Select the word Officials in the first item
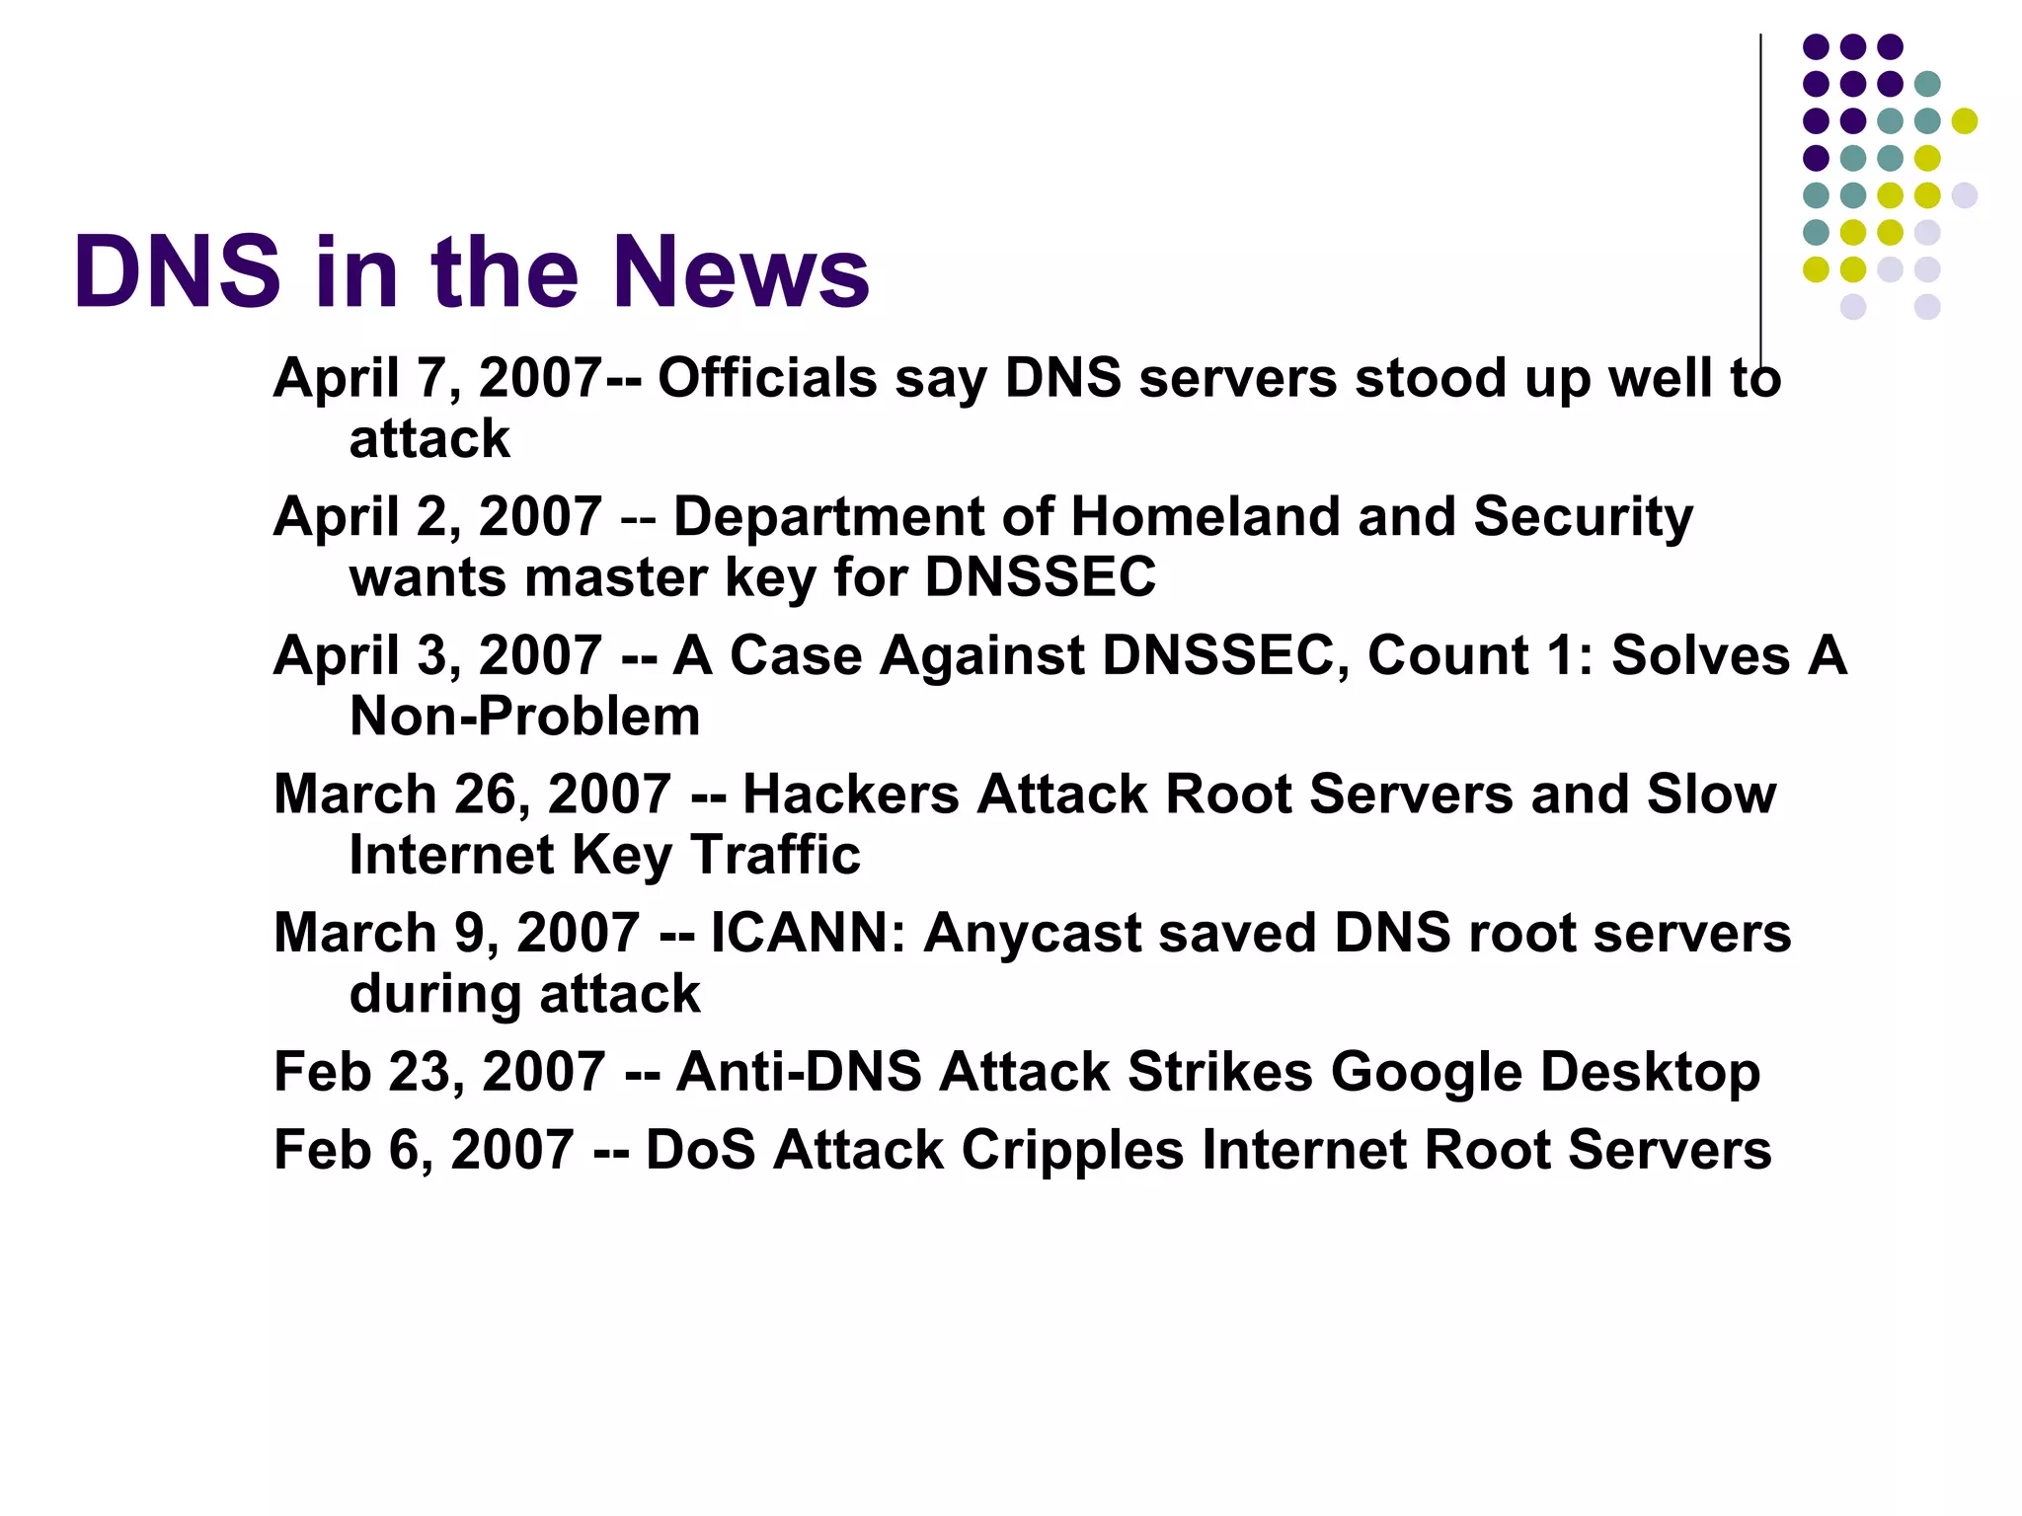coord(767,379)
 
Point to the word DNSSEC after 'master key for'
coord(1041,577)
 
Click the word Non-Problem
coord(524,717)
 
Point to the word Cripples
coord(1072,1151)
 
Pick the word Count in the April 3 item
coord(1447,656)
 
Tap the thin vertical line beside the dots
coord(1760,197)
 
